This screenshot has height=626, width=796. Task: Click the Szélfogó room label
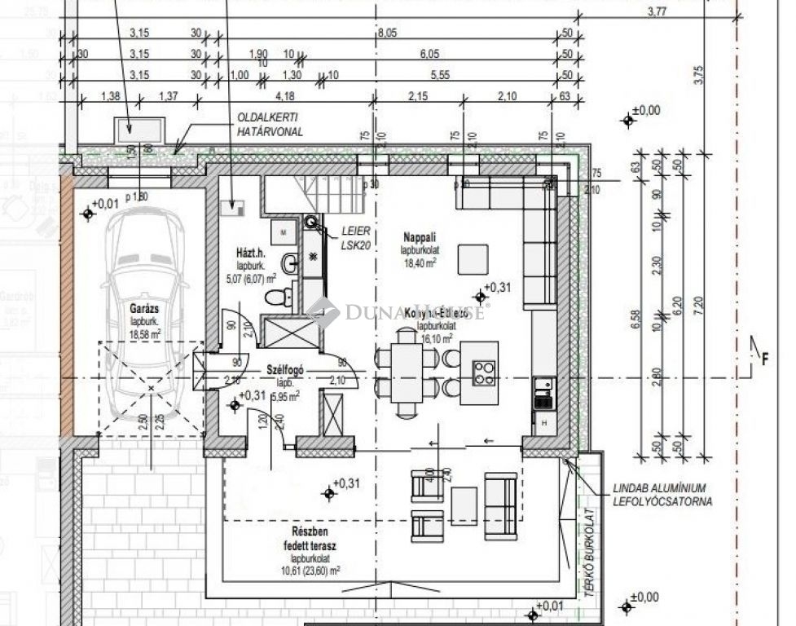(284, 369)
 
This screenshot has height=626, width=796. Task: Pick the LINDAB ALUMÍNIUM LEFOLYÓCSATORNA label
(662, 495)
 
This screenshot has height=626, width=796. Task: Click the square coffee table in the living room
(473, 259)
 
